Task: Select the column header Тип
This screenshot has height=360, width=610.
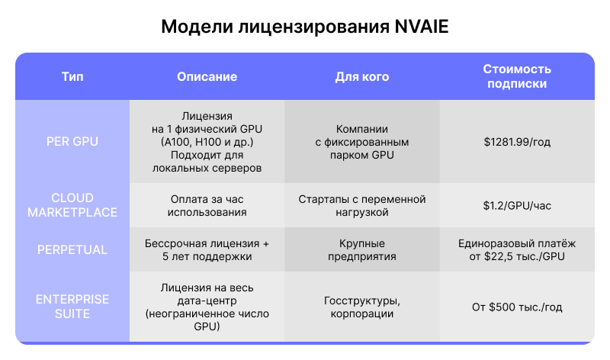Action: (x=72, y=77)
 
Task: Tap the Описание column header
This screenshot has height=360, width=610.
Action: (x=207, y=77)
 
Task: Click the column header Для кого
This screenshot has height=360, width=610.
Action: (x=362, y=77)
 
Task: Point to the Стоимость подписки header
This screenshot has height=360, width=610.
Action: (x=517, y=77)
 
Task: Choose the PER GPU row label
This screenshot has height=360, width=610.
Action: (x=72, y=141)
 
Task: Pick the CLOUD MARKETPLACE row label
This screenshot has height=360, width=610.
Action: (x=72, y=205)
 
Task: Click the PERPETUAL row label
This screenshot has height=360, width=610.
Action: (x=72, y=249)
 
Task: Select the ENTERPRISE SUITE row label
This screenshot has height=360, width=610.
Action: (x=72, y=307)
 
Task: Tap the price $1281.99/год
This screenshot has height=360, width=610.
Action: (x=517, y=141)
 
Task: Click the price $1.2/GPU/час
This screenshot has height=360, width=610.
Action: (x=517, y=205)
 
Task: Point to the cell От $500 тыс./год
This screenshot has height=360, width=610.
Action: (x=517, y=307)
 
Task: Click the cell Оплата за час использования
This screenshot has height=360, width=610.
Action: (x=207, y=205)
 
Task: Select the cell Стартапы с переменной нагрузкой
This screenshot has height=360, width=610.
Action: (x=362, y=205)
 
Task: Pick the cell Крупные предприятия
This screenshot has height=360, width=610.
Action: (x=362, y=249)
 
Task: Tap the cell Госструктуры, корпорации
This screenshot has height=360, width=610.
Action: (x=362, y=307)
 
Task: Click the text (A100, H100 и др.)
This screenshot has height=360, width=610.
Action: (x=207, y=142)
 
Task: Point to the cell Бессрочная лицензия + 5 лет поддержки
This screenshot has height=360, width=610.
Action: (x=207, y=249)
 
